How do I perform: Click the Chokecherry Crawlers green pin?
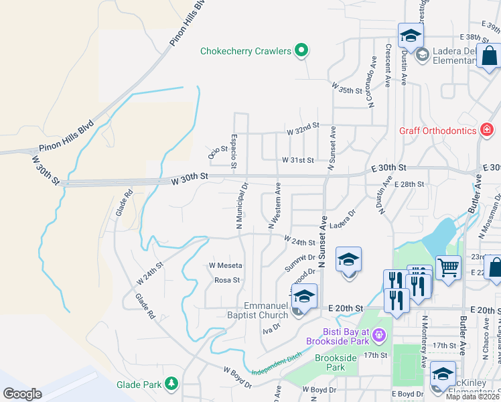[x=301, y=50]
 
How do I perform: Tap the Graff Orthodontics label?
[x=437, y=130]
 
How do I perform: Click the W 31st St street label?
[x=297, y=160]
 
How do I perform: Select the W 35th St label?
[x=347, y=86]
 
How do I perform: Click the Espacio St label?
[x=234, y=151]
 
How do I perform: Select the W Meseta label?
[x=225, y=265]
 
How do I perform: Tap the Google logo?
[x=23, y=394]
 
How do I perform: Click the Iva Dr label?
[x=271, y=328]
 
